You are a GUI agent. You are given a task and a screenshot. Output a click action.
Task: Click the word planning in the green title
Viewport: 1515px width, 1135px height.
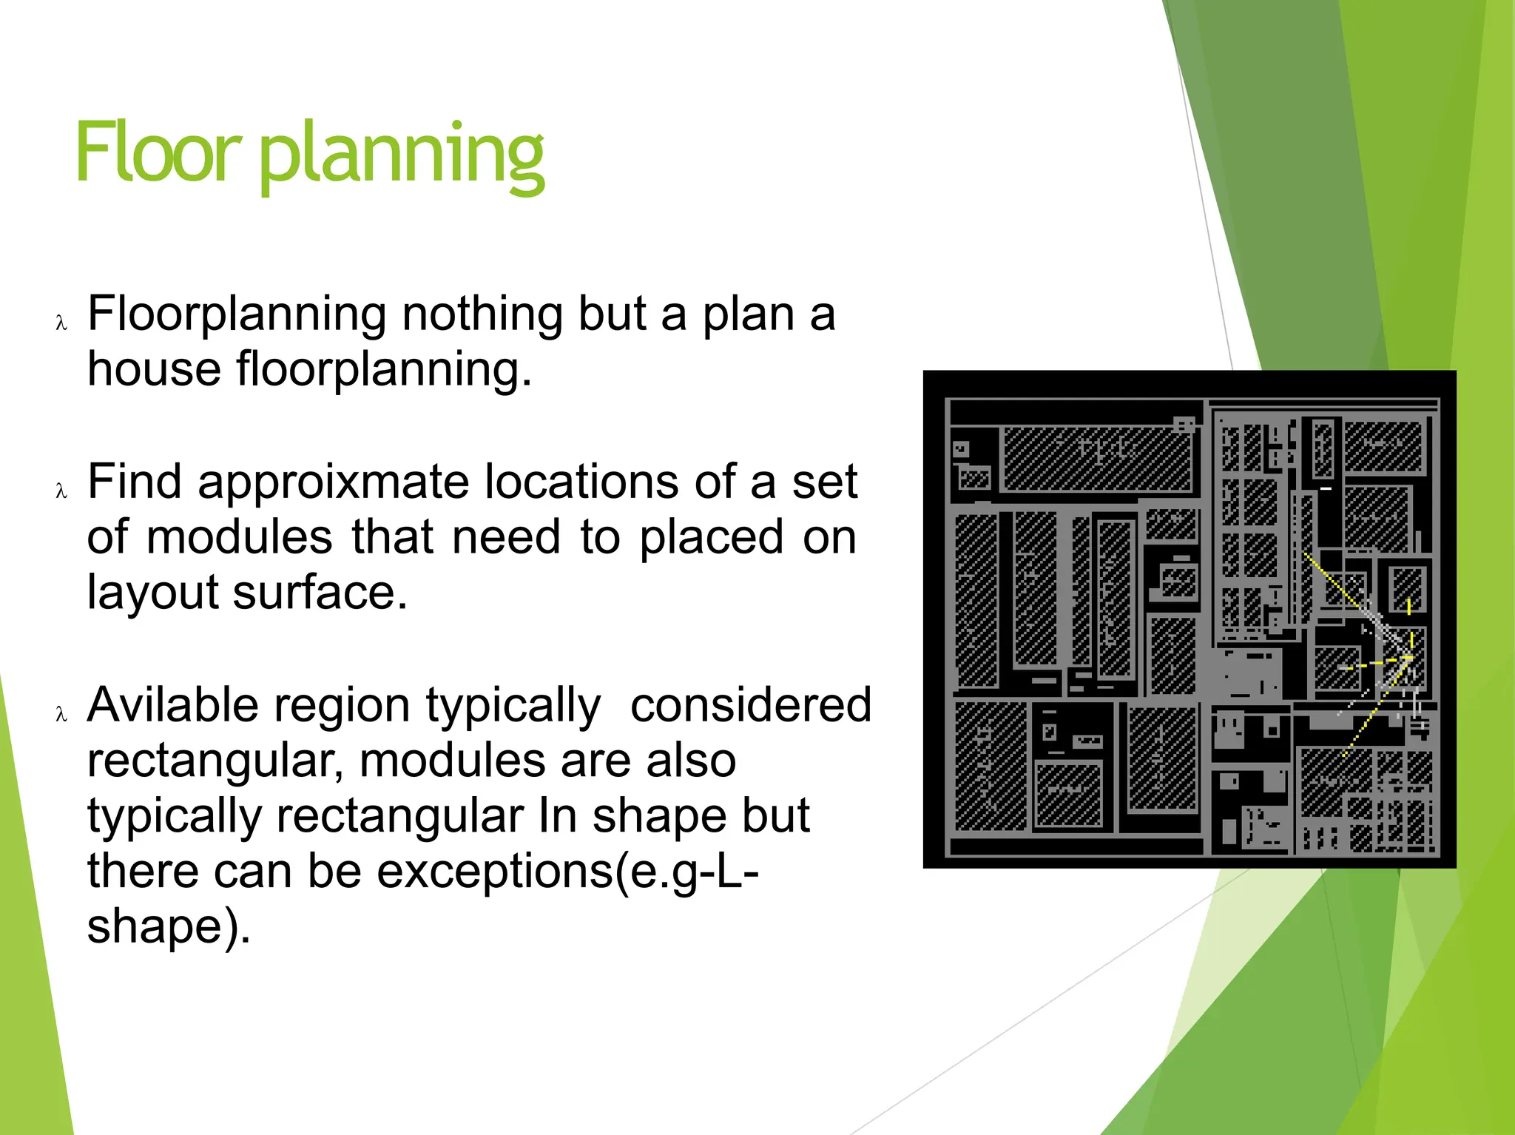[402, 155]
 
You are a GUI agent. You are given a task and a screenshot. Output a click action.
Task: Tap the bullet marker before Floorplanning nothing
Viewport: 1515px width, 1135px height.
[61, 323]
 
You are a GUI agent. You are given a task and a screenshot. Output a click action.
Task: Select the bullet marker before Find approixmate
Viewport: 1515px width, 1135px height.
[61, 491]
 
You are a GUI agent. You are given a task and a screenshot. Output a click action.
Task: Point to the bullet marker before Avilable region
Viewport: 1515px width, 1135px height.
[61, 715]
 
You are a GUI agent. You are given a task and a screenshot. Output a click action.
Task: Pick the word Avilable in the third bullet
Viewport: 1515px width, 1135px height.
[172, 705]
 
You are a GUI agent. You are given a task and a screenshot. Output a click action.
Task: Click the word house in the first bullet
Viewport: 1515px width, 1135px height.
[154, 368]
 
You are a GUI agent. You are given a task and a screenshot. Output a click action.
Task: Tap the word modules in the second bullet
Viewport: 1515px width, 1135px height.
[240, 537]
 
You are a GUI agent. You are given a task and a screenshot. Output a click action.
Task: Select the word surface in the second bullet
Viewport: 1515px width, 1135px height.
[320, 593]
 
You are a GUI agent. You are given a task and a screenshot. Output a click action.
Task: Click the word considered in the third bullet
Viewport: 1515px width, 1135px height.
[750, 705]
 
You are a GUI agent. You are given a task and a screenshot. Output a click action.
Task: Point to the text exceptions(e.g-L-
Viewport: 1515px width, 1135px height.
[567, 872]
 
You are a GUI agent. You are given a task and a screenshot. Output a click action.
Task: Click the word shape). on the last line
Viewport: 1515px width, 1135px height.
[169, 927]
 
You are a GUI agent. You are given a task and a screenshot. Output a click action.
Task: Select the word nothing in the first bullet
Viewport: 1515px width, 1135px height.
[482, 314]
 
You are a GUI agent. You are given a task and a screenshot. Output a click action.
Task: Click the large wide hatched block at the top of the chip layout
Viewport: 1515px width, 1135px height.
[1096, 459]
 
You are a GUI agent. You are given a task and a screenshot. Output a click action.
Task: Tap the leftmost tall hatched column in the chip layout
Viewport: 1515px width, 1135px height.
[976, 601]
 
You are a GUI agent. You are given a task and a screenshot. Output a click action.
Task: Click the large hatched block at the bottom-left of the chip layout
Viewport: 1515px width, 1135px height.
[990, 767]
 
